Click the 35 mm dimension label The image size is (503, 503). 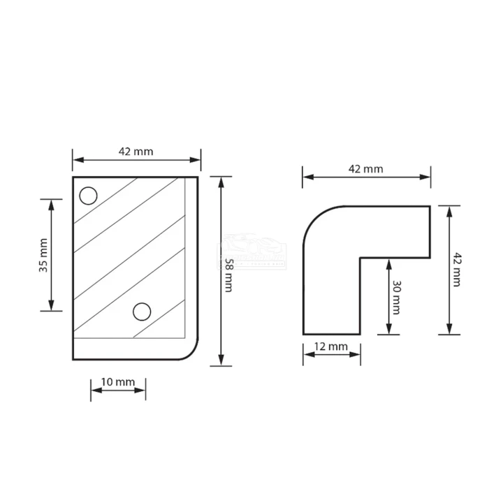click(x=43, y=256)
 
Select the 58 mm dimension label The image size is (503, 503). click(x=228, y=275)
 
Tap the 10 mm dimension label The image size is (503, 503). click(x=118, y=381)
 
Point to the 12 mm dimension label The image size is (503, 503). click(x=330, y=347)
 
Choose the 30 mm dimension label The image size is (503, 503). click(x=397, y=298)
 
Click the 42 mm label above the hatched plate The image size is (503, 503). click(x=136, y=152)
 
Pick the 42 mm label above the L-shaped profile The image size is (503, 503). click(x=365, y=169)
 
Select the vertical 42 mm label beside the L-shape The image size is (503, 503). click(x=457, y=270)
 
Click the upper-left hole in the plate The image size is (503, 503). click(x=88, y=196)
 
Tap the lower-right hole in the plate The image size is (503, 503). click(x=142, y=312)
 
